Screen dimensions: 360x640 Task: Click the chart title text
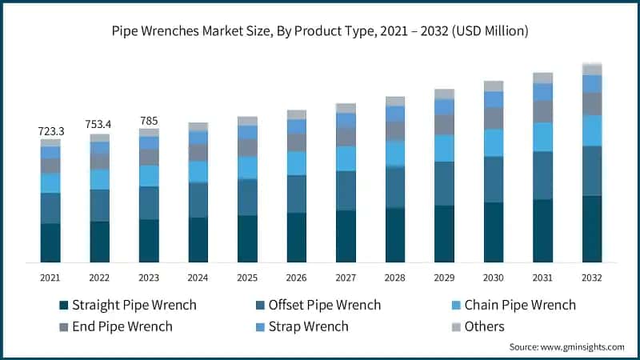tap(320, 30)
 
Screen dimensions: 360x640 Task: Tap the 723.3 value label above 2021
tap(50, 130)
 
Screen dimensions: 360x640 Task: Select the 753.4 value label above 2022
tap(99, 124)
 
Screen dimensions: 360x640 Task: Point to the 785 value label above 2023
tap(149, 121)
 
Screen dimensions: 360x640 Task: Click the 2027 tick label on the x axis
tap(346, 277)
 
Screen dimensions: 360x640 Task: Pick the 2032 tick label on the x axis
tap(592, 277)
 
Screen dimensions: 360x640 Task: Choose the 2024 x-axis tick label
tap(198, 277)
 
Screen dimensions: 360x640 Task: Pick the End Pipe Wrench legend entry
tap(115, 326)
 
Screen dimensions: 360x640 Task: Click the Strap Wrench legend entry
tap(303, 326)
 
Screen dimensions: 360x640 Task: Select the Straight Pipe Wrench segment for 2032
tap(592, 229)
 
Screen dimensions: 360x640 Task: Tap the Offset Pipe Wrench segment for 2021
tap(50, 208)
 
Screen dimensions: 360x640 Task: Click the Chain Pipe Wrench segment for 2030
tap(494, 142)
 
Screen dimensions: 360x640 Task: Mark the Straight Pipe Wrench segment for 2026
tap(297, 238)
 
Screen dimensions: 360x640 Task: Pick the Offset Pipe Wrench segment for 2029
tap(444, 183)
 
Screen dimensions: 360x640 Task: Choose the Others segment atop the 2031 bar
tap(542, 78)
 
